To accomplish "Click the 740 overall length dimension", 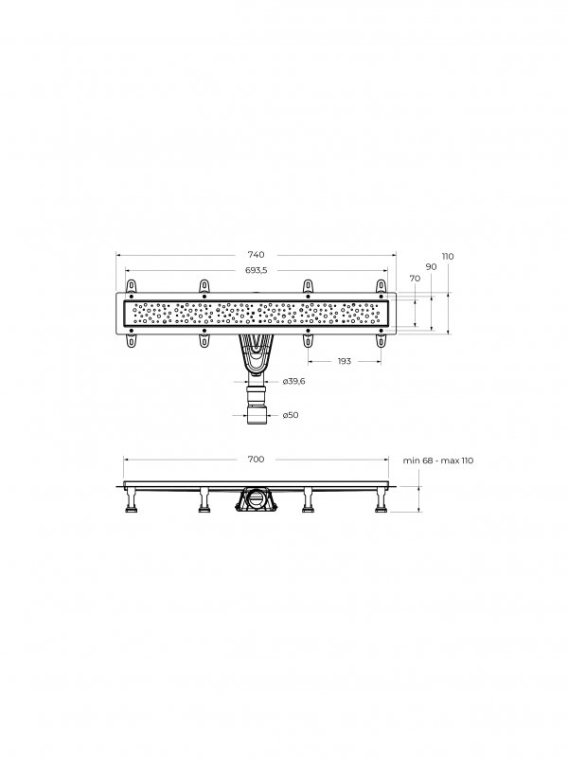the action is (256, 255).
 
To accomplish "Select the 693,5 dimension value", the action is (256, 270).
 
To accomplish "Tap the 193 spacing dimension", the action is (344, 361).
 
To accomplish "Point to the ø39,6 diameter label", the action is (293, 382).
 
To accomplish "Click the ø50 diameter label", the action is (291, 415).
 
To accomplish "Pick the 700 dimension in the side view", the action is (256, 460).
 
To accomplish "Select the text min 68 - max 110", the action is (438, 460).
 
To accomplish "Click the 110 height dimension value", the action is (448, 256).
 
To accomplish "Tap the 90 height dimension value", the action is (431, 267).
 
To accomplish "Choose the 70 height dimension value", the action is (415, 279).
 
